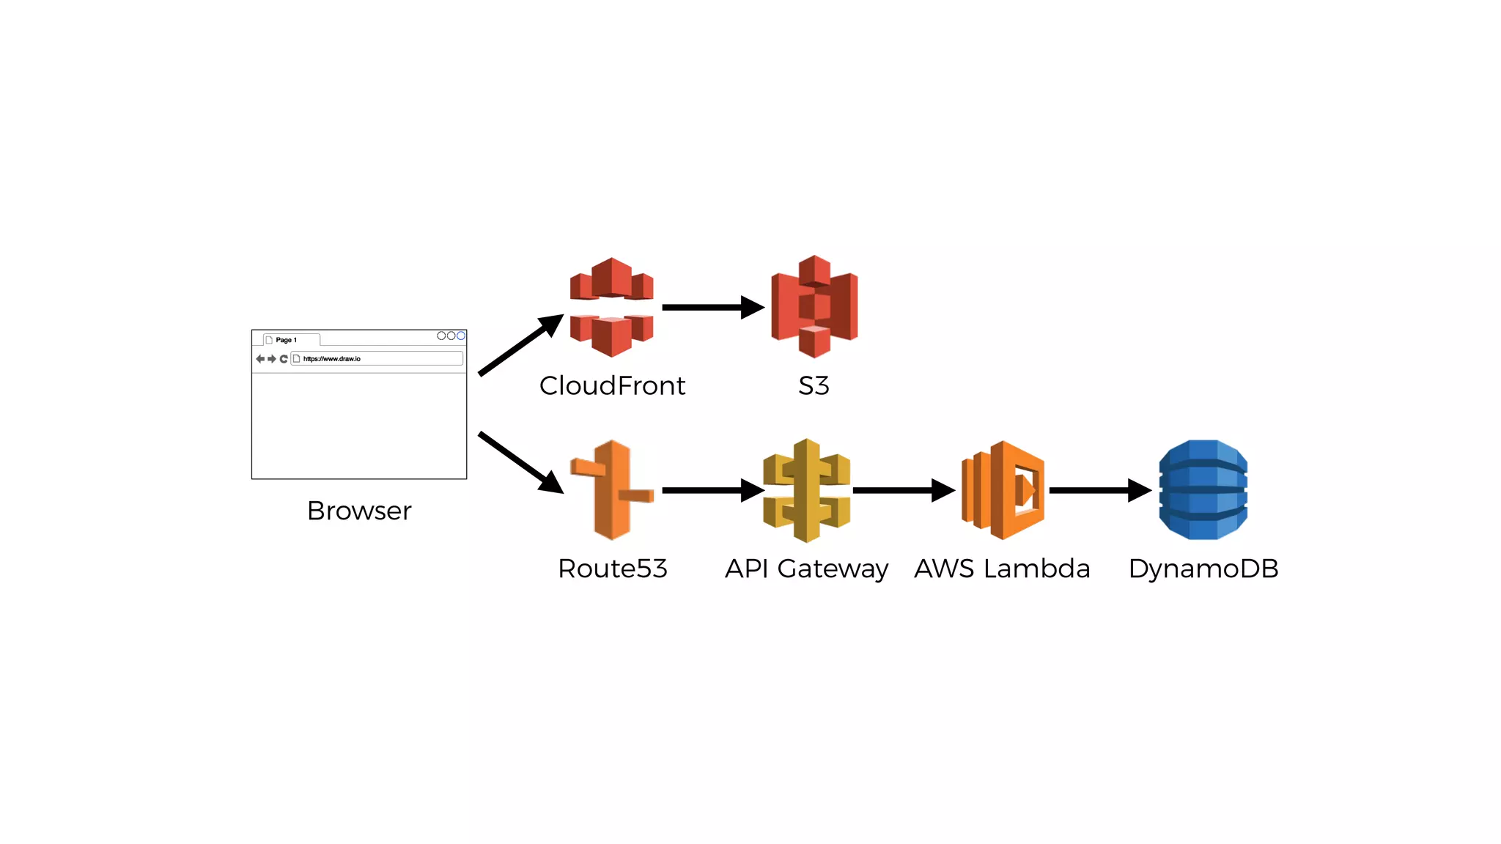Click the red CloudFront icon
point(611,307)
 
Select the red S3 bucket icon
point(814,306)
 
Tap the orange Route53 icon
point(612,489)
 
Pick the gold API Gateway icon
point(806,490)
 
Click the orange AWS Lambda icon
point(1003,490)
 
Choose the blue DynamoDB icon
point(1203,489)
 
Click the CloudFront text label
point(612,385)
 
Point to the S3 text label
point(814,385)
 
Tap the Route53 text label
point(612,569)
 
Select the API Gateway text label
point(806,569)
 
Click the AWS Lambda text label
point(1002,569)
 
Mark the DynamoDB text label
point(1203,569)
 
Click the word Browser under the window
point(359,511)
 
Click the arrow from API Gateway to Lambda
point(902,490)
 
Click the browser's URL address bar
point(377,358)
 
